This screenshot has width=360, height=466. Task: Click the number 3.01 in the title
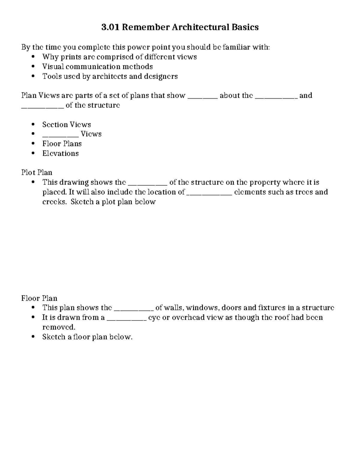pyautogui.click(x=110, y=27)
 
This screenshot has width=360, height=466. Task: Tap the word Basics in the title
pyautogui.click(x=245, y=27)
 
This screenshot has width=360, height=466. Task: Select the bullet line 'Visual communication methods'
pyautogui.click(x=97, y=66)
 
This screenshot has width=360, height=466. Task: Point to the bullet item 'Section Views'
pyautogui.click(x=67, y=124)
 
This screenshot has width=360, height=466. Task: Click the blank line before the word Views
pyautogui.click(x=60, y=135)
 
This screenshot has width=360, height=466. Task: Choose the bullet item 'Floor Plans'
pyautogui.click(x=62, y=143)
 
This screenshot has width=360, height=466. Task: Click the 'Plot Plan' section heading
pyautogui.click(x=37, y=172)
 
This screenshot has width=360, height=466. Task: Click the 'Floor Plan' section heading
pyautogui.click(x=39, y=298)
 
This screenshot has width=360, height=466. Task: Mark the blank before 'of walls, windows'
pyautogui.click(x=134, y=308)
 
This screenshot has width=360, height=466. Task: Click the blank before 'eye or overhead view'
pyautogui.click(x=126, y=318)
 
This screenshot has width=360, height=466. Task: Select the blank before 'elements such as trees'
pyautogui.click(x=209, y=193)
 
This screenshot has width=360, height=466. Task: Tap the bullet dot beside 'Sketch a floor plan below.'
pyautogui.click(x=33, y=337)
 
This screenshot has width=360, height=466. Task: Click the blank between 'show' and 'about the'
pyautogui.click(x=202, y=96)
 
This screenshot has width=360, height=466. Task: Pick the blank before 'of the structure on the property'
pyautogui.click(x=147, y=183)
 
